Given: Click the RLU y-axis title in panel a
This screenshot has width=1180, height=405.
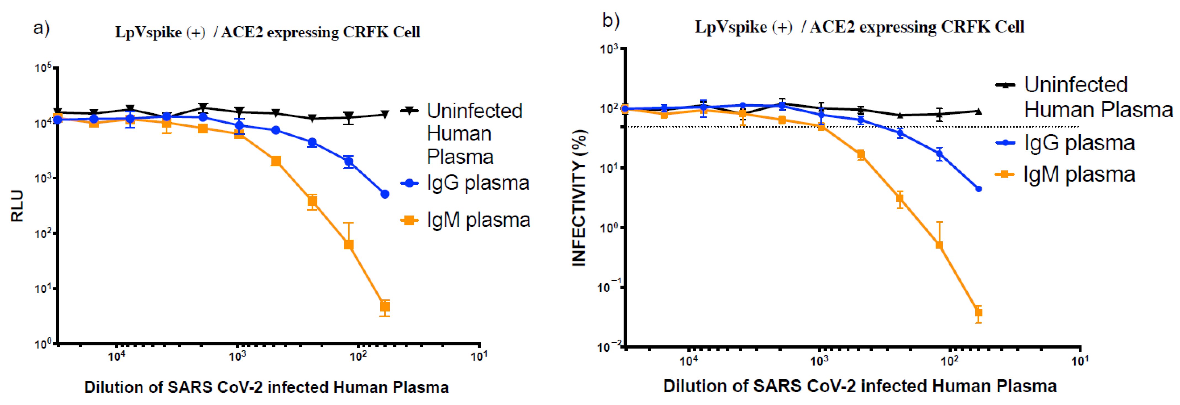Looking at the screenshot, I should coord(17,206).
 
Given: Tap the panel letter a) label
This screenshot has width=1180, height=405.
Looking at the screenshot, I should coord(41,28).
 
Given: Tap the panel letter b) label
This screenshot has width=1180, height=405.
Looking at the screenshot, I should coord(611,21).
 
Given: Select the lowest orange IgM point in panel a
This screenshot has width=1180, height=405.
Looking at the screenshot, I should coord(385,306).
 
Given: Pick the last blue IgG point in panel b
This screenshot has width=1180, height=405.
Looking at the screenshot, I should coord(978,189).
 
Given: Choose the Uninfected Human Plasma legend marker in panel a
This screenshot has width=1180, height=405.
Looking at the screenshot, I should coord(409,110).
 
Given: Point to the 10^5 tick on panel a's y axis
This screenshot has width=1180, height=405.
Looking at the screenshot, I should coord(44,68).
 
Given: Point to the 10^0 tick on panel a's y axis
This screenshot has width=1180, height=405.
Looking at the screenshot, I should coord(44,343).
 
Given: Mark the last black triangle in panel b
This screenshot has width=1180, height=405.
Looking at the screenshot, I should coord(978,111).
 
